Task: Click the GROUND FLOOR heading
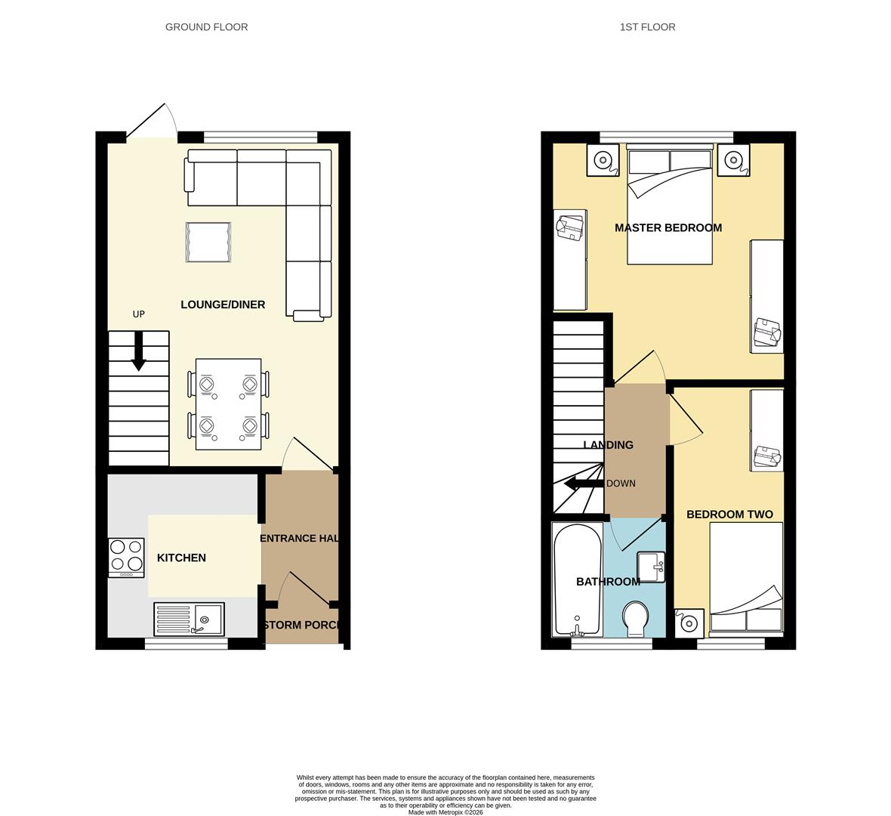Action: point(206,27)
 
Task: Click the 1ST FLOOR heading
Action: point(647,27)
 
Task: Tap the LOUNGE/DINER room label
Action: point(223,304)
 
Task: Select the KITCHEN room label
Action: point(181,558)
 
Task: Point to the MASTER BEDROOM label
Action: point(667,227)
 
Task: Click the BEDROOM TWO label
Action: point(729,515)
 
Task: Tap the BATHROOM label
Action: point(608,582)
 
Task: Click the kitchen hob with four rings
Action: point(126,557)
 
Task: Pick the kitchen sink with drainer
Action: point(190,620)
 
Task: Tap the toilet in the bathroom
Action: point(634,618)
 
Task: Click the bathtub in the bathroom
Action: point(577,579)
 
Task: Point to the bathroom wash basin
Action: point(651,567)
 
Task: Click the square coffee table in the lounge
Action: point(208,243)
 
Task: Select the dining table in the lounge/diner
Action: point(228,404)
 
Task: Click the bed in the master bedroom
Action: point(670,206)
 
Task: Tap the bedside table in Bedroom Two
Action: point(689,623)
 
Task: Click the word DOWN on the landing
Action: point(621,484)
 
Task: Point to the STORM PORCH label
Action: point(302,625)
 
